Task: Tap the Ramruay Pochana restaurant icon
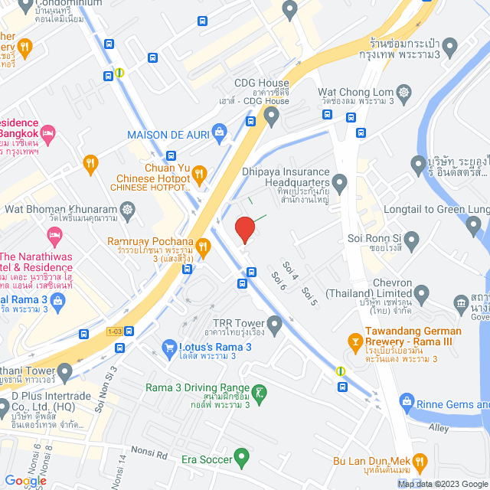(204, 246)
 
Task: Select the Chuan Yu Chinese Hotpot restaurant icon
(199, 174)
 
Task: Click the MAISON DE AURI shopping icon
(220, 131)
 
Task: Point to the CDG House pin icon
(271, 116)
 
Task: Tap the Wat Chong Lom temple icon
(403, 93)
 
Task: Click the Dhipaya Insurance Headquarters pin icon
(340, 182)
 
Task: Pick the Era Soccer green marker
(243, 459)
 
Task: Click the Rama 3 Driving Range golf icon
(260, 394)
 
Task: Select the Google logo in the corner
(24, 480)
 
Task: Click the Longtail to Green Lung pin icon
(474, 224)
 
